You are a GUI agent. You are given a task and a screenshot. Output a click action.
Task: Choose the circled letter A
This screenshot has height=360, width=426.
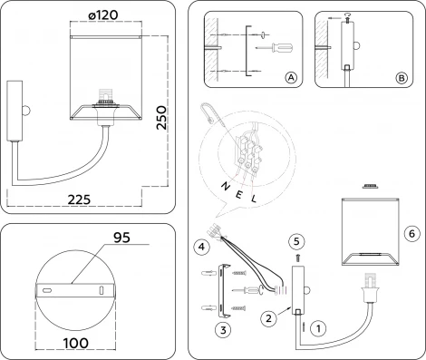pyautogui.click(x=291, y=79)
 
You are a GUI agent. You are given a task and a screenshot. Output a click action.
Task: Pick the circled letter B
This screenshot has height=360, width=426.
pyautogui.click(x=400, y=79)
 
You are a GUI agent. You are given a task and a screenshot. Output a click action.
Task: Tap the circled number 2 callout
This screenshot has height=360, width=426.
pyautogui.click(x=267, y=318)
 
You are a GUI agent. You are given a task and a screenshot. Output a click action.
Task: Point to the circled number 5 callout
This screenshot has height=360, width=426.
pyautogui.click(x=295, y=240)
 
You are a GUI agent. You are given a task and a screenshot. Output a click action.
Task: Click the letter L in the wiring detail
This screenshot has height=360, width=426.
pyautogui.click(x=254, y=197)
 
